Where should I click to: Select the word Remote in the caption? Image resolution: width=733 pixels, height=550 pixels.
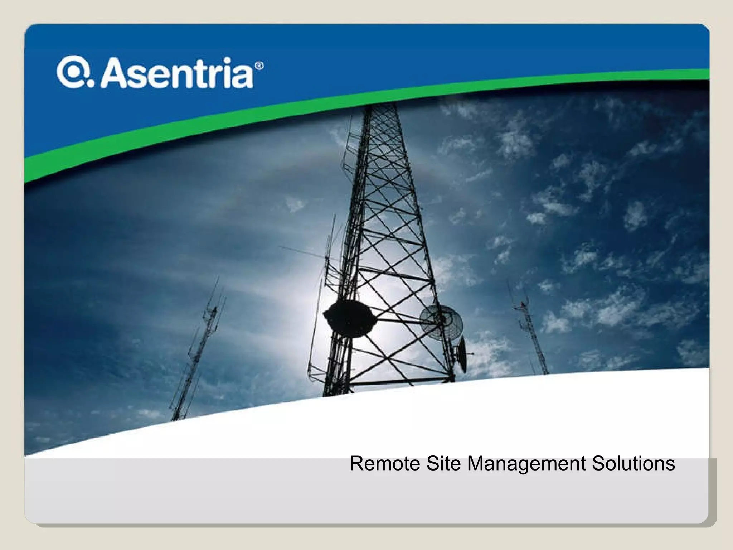(x=384, y=463)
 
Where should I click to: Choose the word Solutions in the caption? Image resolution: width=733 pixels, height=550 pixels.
(x=633, y=463)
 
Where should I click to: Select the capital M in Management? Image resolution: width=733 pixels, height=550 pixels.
(x=475, y=463)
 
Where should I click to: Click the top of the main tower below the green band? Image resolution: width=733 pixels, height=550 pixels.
(x=381, y=115)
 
